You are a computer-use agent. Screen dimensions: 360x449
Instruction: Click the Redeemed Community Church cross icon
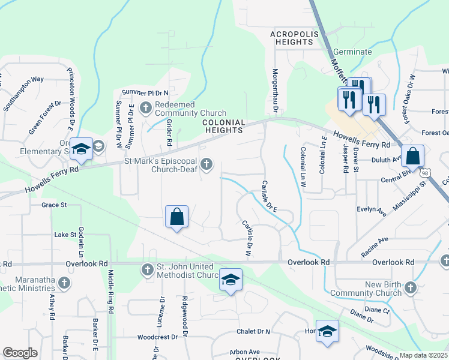pyautogui.click(x=145, y=108)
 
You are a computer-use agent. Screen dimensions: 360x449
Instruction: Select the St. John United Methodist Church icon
pyautogui.click(x=148, y=270)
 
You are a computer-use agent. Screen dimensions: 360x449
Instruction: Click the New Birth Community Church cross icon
pyautogui.click(x=410, y=288)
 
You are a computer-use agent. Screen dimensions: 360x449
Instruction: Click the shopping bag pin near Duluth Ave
pyautogui.click(x=413, y=157)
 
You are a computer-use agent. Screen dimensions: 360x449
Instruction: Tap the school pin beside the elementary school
pyautogui.click(x=80, y=149)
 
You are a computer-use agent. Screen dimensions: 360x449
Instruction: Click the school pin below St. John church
pyautogui.click(x=230, y=280)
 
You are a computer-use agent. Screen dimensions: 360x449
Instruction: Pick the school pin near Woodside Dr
pyautogui.click(x=327, y=332)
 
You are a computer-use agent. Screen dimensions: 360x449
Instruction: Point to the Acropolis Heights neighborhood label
pyautogui.click(x=292, y=38)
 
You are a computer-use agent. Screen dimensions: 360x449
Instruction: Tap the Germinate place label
pyautogui.click(x=352, y=52)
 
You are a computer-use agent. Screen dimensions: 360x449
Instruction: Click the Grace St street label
pyautogui.click(x=53, y=205)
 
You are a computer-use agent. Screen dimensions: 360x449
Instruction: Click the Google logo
pyautogui.click(x=20, y=353)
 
